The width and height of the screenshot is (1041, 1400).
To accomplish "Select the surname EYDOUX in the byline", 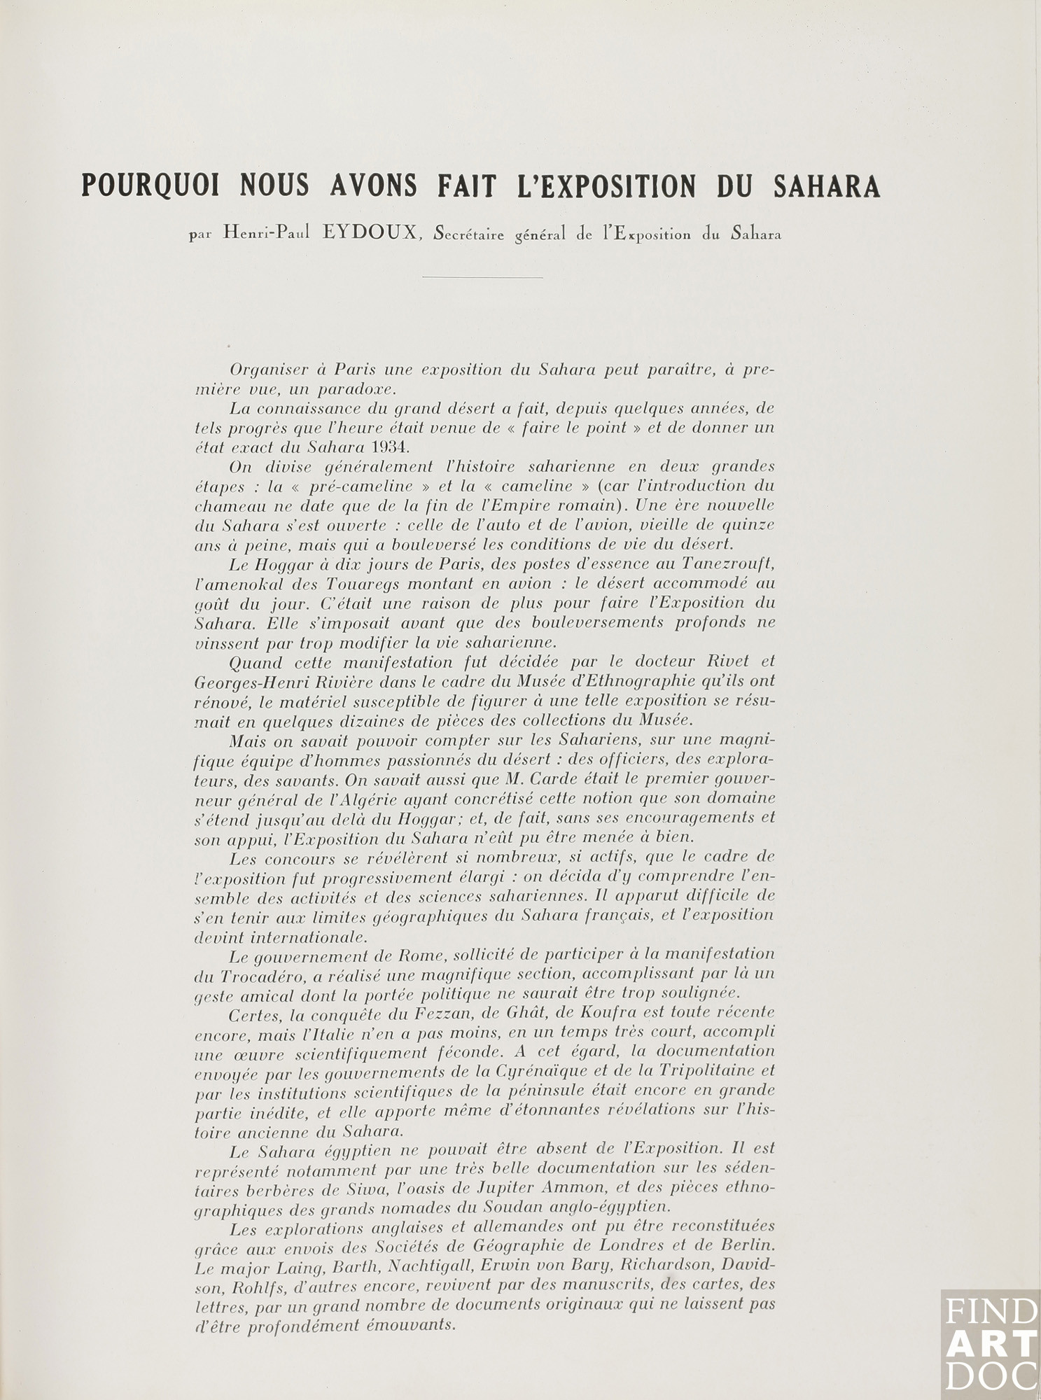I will point(368,235).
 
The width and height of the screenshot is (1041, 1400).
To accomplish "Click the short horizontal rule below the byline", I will point(482,278).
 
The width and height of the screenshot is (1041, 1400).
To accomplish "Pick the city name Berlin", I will point(744,1246).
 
